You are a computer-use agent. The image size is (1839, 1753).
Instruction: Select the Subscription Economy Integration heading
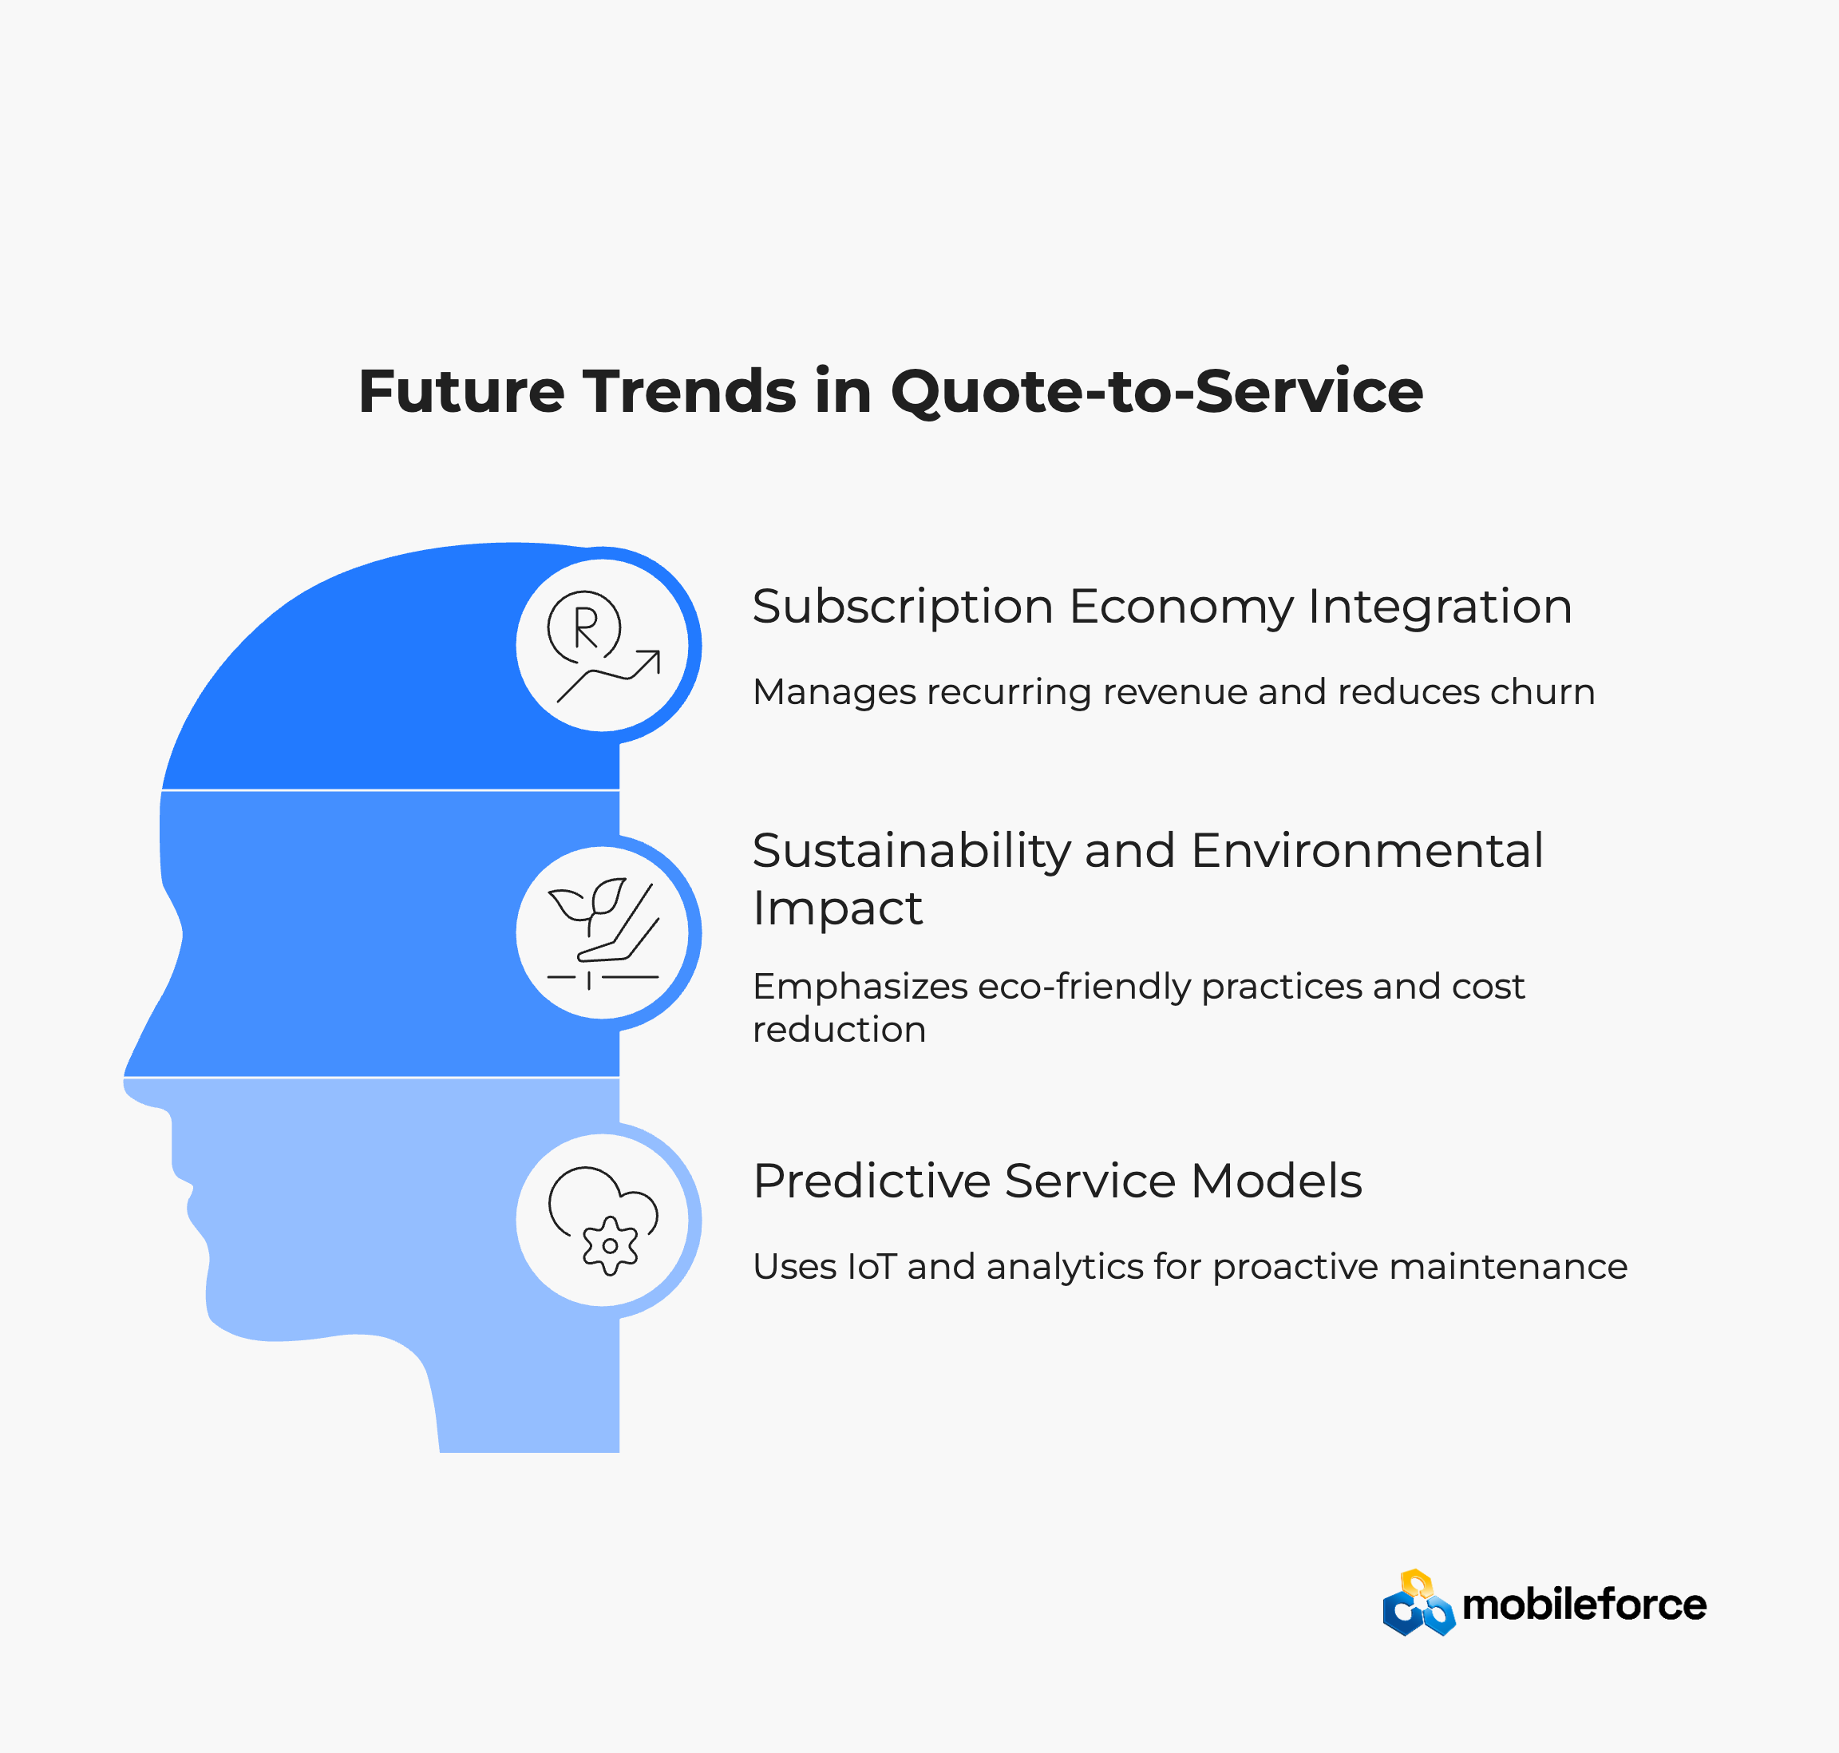pyautogui.click(x=1162, y=608)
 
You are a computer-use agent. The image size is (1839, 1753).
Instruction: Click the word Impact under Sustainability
pyautogui.click(x=837, y=909)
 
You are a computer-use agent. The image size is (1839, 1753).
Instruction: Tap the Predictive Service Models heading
pyautogui.click(x=1057, y=1181)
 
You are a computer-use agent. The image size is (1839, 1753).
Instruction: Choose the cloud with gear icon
pyautogui.click(x=603, y=1221)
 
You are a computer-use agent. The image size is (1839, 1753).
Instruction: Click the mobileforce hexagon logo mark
pyautogui.click(x=1418, y=1603)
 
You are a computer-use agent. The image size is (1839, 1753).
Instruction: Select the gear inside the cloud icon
pyautogui.click(x=610, y=1245)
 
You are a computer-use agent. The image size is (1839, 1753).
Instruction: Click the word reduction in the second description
pyautogui.click(x=839, y=1030)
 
